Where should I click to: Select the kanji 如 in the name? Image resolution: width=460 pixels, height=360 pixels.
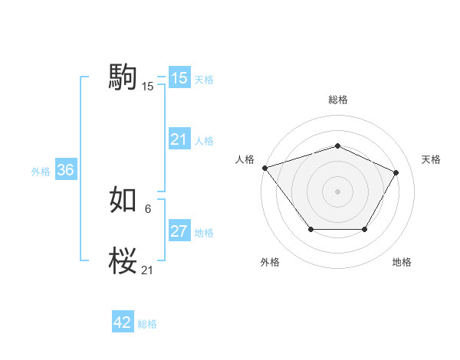tap(123, 201)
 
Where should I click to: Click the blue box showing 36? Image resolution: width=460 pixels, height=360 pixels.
tap(65, 170)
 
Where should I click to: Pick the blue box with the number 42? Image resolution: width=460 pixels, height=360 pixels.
tap(123, 322)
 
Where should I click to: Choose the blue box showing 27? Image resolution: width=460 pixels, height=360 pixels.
tap(179, 231)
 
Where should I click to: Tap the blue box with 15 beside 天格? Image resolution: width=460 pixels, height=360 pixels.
tap(179, 78)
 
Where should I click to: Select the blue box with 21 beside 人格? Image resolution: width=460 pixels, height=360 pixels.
tap(179, 139)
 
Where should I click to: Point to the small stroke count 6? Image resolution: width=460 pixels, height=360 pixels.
tap(147, 208)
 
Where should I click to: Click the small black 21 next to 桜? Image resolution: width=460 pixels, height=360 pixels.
tap(148, 270)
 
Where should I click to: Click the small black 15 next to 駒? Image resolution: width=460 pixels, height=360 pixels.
tap(148, 87)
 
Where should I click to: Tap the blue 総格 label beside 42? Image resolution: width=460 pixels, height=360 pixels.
tap(147, 324)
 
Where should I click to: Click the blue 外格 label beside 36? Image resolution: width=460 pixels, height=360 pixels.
tap(41, 172)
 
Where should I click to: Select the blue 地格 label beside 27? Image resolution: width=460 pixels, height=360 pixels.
tap(204, 233)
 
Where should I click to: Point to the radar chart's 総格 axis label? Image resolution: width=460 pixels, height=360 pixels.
tap(337, 100)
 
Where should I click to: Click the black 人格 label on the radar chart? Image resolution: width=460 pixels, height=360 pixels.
tap(245, 159)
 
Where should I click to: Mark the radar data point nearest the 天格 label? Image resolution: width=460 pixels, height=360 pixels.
tap(396, 172)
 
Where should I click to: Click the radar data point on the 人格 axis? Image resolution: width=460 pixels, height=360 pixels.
tap(264, 167)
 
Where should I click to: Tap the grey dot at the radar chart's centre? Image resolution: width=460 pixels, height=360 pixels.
tap(337, 191)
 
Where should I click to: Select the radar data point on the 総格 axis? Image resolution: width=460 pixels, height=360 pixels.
tap(337, 146)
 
